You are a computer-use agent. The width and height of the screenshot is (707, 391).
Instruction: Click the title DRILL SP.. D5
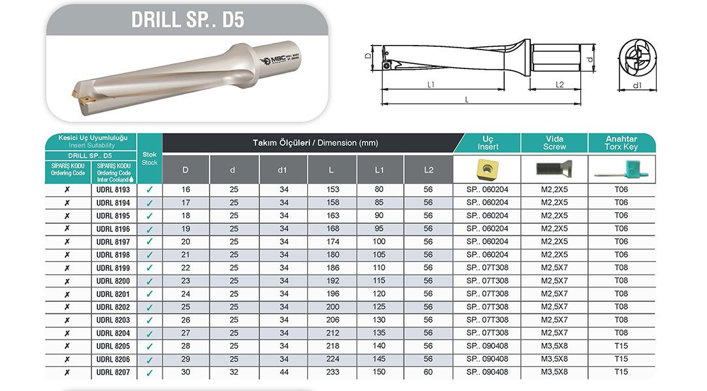[x=187, y=19]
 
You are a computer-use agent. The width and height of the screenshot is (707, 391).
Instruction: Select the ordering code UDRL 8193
[x=113, y=190]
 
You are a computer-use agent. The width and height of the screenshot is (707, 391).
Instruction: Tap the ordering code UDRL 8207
[x=113, y=373]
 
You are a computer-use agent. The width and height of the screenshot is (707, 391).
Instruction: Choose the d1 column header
[x=283, y=170]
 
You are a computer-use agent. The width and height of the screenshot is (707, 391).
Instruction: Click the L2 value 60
[x=428, y=373]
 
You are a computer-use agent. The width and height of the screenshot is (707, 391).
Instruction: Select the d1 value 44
[x=283, y=373]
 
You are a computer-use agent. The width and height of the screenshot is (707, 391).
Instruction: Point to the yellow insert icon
[x=486, y=169]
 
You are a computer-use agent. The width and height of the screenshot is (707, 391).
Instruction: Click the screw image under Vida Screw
[x=554, y=169]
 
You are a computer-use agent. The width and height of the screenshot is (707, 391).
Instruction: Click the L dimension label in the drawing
[x=467, y=99]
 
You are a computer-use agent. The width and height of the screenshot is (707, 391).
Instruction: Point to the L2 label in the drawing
[x=559, y=84]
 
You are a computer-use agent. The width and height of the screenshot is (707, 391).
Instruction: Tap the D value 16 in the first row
[x=185, y=190]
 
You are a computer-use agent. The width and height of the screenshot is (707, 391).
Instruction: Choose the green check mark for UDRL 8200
[x=149, y=282]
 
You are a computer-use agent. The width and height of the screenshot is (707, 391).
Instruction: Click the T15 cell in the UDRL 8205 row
[x=621, y=347]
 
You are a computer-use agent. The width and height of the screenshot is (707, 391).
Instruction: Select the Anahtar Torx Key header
[x=621, y=143]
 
